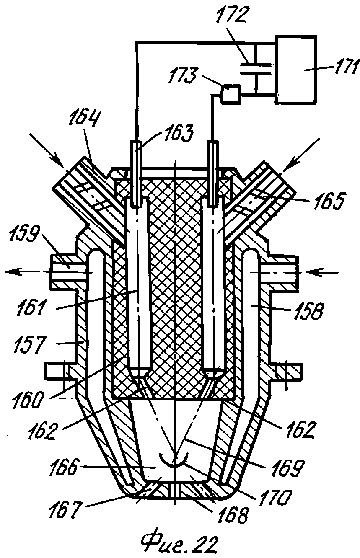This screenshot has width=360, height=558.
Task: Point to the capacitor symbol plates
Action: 256,69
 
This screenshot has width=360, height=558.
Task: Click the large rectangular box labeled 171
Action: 295,69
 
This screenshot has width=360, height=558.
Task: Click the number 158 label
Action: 308,311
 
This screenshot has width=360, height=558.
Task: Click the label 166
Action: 64,468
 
